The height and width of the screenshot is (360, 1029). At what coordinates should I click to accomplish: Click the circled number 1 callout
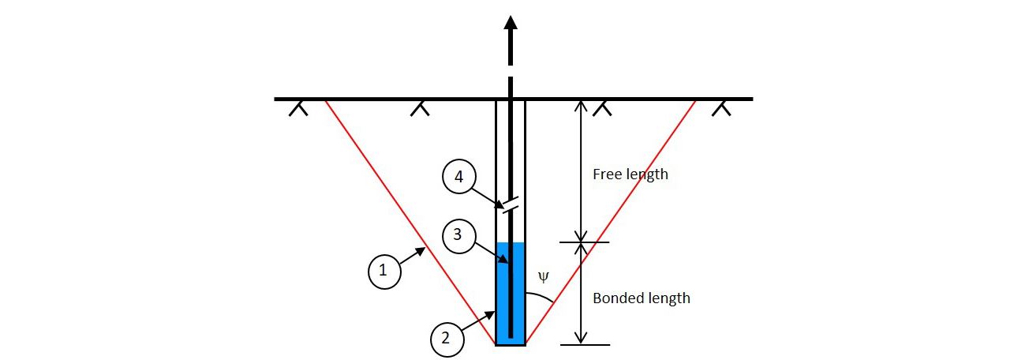pyautogui.click(x=384, y=271)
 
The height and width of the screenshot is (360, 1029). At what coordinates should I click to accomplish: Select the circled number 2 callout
pyautogui.click(x=446, y=338)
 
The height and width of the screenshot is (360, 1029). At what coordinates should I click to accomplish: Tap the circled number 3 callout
pyautogui.click(x=459, y=234)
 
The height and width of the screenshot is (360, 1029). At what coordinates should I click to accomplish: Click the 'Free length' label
pyautogui.click(x=630, y=174)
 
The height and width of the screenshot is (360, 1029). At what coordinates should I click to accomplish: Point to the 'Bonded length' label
pyautogui.click(x=641, y=298)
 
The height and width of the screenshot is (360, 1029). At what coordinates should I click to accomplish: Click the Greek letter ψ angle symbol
pyautogui.click(x=543, y=277)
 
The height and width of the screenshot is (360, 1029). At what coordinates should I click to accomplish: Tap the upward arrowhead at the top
pyautogui.click(x=511, y=23)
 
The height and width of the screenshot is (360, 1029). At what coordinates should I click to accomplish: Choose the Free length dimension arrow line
pyautogui.click(x=582, y=171)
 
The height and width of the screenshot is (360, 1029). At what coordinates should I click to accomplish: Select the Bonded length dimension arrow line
pyautogui.click(x=582, y=293)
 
